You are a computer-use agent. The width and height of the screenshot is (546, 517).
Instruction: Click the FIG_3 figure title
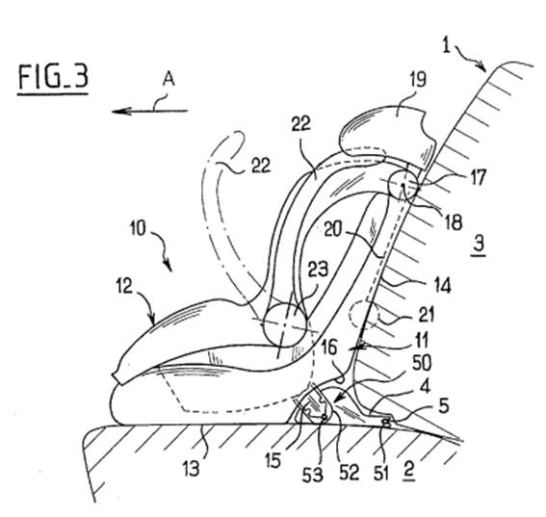pos(53,77)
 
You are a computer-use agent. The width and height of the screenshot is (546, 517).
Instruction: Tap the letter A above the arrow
pos(169,80)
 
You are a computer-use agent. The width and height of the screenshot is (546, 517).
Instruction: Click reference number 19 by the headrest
pos(418,79)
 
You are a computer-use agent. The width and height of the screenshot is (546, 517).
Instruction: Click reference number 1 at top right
pos(447,45)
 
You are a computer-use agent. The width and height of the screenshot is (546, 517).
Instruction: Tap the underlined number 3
pos(479,244)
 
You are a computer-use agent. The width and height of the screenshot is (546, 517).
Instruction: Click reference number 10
pos(138,229)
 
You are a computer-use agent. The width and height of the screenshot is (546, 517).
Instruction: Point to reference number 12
pos(124,287)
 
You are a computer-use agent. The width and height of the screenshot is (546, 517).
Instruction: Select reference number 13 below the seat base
pos(192,468)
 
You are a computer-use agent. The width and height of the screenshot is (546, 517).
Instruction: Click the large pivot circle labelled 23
pos(286,324)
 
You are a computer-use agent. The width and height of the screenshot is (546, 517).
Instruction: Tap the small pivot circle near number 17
pos(403,186)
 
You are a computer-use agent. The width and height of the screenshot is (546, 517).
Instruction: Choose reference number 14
pos(442,285)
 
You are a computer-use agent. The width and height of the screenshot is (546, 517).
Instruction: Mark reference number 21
pos(427,315)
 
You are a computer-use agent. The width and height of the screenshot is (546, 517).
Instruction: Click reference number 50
pos(422,363)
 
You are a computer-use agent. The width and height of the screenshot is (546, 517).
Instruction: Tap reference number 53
pos(312,475)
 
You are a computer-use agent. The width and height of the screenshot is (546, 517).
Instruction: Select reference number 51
pos(380,473)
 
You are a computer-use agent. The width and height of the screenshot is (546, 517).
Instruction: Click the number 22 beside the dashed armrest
pos(261,166)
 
